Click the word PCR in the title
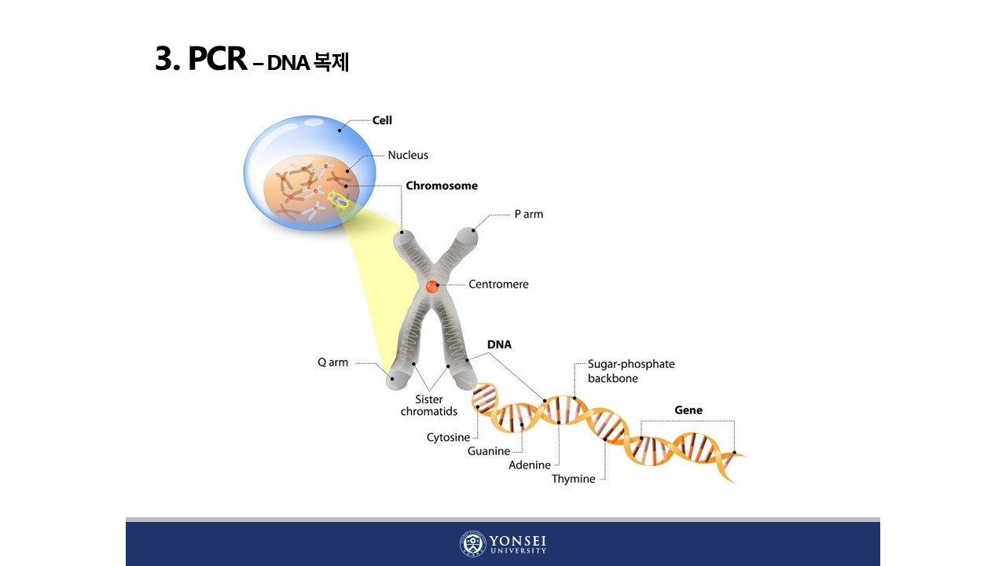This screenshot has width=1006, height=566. pyautogui.click(x=217, y=60)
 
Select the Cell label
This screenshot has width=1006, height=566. pyautogui.click(x=382, y=120)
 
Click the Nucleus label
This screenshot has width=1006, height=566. pyautogui.click(x=408, y=155)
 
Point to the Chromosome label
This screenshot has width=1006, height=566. pyautogui.click(x=442, y=186)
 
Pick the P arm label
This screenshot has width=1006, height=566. pyautogui.click(x=528, y=214)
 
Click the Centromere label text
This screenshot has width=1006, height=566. pyautogui.click(x=498, y=284)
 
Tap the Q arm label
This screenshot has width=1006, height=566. pyautogui.click(x=332, y=362)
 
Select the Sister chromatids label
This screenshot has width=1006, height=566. pyautogui.click(x=429, y=406)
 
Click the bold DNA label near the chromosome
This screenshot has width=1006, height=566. pyautogui.click(x=499, y=344)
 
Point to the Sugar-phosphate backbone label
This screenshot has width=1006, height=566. pyautogui.click(x=631, y=371)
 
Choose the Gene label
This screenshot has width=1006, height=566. pyautogui.click(x=688, y=410)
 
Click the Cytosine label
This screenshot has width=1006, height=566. pyautogui.click(x=448, y=437)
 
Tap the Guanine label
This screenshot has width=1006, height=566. pyautogui.click(x=489, y=451)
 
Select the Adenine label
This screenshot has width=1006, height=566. pyautogui.click(x=530, y=465)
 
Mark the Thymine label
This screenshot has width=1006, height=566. pyautogui.click(x=573, y=479)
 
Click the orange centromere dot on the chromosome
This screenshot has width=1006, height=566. pyautogui.click(x=432, y=287)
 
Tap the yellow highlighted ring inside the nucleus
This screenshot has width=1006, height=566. pyautogui.click(x=338, y=200)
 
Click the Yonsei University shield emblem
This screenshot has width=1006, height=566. pyautogui.click(x=472, y=544)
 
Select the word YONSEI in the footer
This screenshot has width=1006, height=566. pyautogui.click(x=518, y=540)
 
